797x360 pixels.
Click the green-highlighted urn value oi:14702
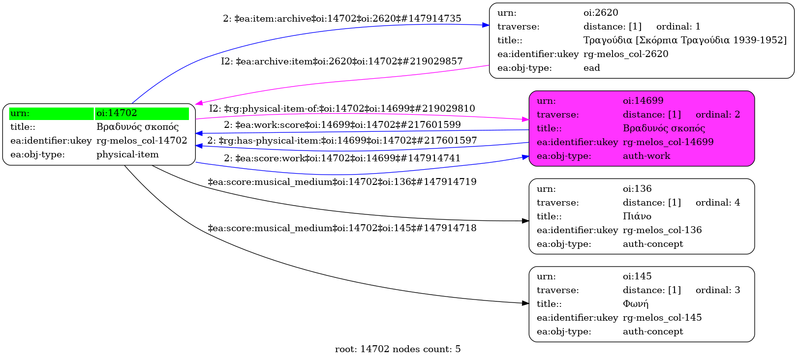click(x=117, y=113)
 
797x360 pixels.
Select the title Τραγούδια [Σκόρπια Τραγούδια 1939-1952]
click(x=685, y=40)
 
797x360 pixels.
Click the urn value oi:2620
click(x=601, y=13)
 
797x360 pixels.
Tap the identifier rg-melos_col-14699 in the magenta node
click(x=668, y=142)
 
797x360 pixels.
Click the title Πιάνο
click(x=637, y=216)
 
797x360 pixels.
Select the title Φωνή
click(x=635, y=304)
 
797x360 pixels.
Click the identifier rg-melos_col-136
click(x=662, y=230)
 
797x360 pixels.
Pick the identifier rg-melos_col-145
click(x=662, y=318)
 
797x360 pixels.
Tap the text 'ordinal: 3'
click(x=717, y=290)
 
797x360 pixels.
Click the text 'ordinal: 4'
click(x=717, y=203)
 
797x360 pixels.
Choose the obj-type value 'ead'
click(x=591, y=68)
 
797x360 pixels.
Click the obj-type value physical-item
click(x=127, y=154)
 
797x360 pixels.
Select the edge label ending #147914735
click(x=342, y=19)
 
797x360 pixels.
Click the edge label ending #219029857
click(x=341, y=61)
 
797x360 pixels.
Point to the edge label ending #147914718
click(x=342, y=228)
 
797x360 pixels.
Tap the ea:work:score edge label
click(x=342, y=125)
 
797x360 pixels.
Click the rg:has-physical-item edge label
click(x=342, y=141)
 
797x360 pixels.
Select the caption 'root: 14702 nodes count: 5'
click(x=398, y=349)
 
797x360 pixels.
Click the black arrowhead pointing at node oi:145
click(x=525, y=303)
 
